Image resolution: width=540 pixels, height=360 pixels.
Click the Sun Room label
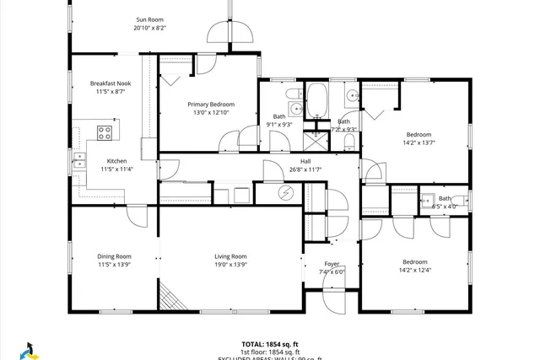pyautogui.click(x=150, y=19)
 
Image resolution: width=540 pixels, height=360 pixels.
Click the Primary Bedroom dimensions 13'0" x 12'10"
pyautogui.click(x=208, y=113)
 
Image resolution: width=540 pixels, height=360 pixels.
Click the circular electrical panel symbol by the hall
pyautogui.click(x=285, y=194)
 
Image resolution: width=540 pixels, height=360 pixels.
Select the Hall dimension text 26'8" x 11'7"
pyautogui.click(x=305, y=169)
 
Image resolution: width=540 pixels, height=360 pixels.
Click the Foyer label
pyautogui.click(x=332, y=264)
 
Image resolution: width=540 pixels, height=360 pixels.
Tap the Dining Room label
pyautogui.click(x=114, y=256)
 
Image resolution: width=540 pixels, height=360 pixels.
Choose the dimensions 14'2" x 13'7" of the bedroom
pyautogui.click(x=418, y=143)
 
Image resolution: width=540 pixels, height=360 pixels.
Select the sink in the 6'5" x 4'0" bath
pyautogui.click(x=428, y=201)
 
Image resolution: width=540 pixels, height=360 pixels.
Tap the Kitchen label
pyautogui.click(x=116, y=161)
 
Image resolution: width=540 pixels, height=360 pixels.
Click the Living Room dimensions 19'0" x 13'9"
pyautogui.click(x=229, y=265)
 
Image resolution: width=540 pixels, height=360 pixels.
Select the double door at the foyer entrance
pyautogui.click(x=334, y=292)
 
